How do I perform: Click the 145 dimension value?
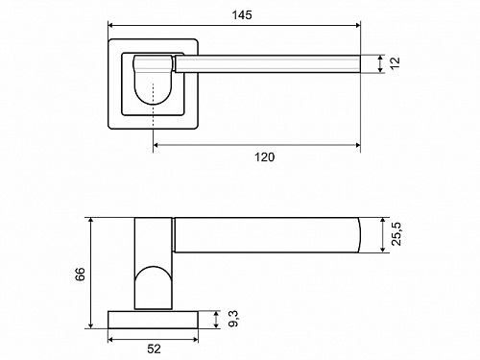[x=242, y=15]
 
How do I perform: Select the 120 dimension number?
[x=264, y=157]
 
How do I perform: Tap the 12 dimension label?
[x=395, y=62]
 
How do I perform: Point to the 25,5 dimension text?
[x=396, y=234]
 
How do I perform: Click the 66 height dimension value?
[x=80, y=274]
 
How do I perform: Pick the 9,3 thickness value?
[x=233, y=319]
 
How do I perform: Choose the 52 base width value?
[x=154, y=348]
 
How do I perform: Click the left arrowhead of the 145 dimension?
[x=110, y=25]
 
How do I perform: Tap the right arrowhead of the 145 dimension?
[x=358, y=25]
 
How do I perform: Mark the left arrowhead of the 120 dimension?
[x=156, y=145]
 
